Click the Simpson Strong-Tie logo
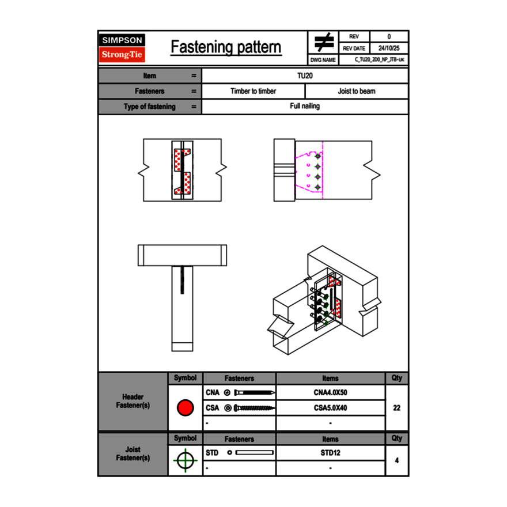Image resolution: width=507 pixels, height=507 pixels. (x=122, y=48)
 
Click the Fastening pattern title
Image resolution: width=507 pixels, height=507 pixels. (x=226, y=47)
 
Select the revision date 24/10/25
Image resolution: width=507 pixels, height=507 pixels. (x=389, y=48)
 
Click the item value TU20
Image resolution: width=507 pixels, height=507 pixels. (x=305, y=75)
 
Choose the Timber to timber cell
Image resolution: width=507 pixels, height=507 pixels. (x=253, y=91)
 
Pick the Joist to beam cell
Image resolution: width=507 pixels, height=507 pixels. (x=356, y=91)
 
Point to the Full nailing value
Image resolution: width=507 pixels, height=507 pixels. (x=305, y=106)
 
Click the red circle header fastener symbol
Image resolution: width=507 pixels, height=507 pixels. (x=185, y=408)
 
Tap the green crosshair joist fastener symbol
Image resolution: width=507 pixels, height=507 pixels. (x=184, y=461)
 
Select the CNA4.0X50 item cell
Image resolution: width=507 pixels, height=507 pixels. (x=330, y=393)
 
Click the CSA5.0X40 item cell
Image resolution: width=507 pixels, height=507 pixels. (x=330, y=408)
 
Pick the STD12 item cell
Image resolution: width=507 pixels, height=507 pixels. (x=330, y=453)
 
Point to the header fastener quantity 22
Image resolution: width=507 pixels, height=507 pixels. (x=396, y=408)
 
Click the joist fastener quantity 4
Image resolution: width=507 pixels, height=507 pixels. (x=396, y=460)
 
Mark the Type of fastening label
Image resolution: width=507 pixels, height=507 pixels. (x=149, y=107)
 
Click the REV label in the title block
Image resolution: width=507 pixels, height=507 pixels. (x=354, y=36)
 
